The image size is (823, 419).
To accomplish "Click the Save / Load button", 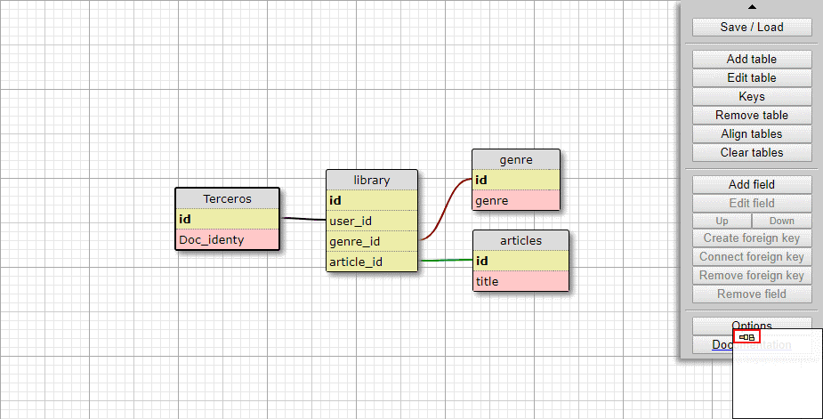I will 752,27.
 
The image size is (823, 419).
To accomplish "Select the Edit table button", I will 752,77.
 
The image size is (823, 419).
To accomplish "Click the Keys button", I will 752,96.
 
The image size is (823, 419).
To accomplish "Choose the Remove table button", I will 752,115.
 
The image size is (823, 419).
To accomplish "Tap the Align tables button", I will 752,133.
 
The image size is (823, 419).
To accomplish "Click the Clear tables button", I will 752,152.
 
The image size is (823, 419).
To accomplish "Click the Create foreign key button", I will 752,238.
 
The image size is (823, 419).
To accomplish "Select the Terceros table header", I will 227,199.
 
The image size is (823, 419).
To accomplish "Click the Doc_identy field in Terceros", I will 227,239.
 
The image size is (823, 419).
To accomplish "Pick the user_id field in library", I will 371,221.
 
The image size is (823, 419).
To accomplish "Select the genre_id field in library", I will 371,241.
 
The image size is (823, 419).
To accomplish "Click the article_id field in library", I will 371,262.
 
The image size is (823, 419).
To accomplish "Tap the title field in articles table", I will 520,281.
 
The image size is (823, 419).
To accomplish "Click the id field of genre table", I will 515,181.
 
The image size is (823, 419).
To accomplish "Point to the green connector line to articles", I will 445,260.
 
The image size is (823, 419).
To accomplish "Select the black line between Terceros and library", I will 303,219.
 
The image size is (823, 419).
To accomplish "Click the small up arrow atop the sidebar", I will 752,7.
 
